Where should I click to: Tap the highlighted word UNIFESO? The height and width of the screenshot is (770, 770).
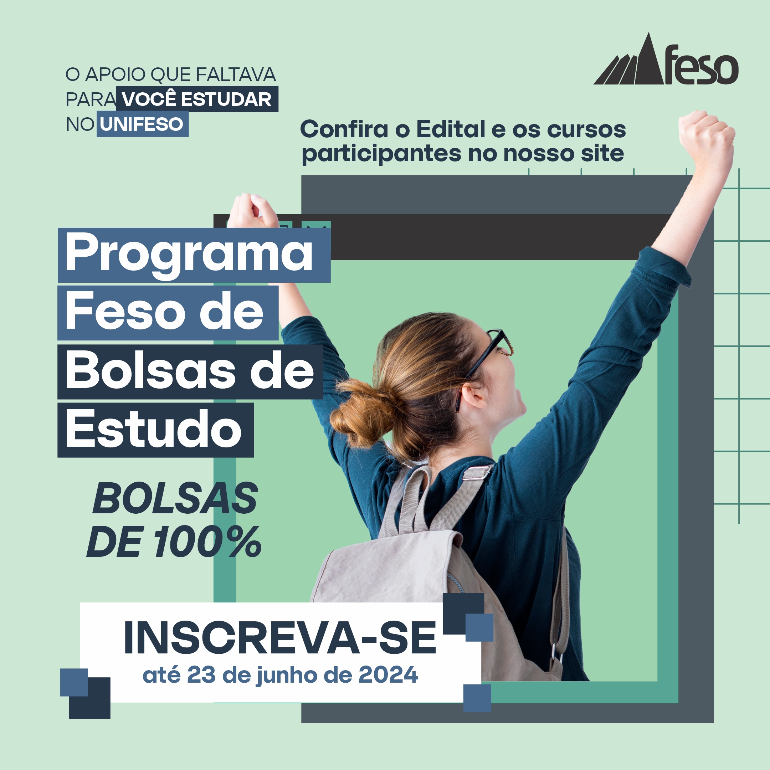[x=142, y=125]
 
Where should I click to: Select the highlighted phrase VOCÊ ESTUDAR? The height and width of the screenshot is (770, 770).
[x=197, y=99]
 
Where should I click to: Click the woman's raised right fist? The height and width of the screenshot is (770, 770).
[x=706, y=135]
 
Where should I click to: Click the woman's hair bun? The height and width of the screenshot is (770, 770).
[x=361, y=412]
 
